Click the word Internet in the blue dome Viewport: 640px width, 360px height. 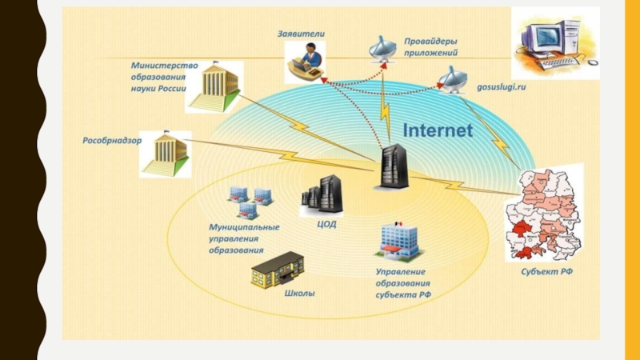click(x=438, y=130)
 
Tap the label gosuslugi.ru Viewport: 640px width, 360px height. click(x=502, y=87)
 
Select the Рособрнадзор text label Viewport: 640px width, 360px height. click(x=112, y=141)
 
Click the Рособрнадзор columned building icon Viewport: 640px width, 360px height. click(x=166, y=154)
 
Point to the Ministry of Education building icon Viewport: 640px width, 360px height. click(x=214, y=87)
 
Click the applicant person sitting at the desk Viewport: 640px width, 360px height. click(x=305, y=62)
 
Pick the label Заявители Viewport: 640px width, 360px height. click(x=302, y=34)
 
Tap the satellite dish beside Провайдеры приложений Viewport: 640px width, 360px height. click(x=382, y=50)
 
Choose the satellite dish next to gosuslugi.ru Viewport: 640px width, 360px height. click(x=452, y=80)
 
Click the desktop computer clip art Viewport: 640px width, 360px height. click(x=555, y=43)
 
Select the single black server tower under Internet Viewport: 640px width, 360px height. click(x=393, y=166)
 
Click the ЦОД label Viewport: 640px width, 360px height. click(x=326, y=224)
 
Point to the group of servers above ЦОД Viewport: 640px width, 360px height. click(x=322, y=195)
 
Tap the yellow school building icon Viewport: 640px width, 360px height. click(x=278, y=270)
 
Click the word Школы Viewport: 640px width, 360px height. click(x=299, y=293)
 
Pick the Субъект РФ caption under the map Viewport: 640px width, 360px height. click(x=547, y=272)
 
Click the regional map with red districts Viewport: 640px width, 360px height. click(x=545, y=213)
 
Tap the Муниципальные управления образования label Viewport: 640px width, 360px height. click(x=244, y=238)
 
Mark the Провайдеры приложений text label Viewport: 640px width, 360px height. click(x=430, y=47)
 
